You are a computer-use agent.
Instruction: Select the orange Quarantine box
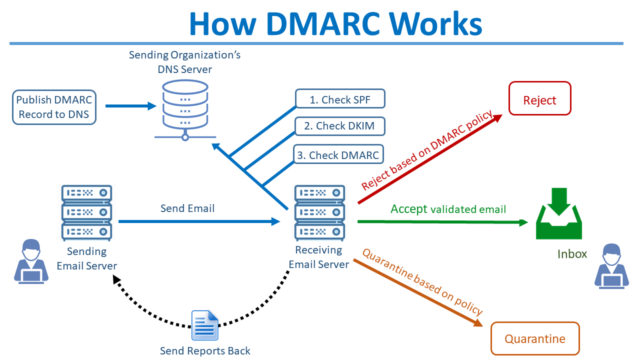point(535,338)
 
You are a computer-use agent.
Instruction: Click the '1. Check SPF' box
point(340,99)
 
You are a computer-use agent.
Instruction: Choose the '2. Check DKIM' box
point(340,126)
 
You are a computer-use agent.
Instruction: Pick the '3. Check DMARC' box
point(338,154)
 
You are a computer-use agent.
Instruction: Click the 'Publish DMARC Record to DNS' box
point(54,107)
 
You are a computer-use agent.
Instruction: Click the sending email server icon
point(86,212)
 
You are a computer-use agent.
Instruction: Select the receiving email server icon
point(319,212)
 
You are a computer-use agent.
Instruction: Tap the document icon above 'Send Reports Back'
point(205,325)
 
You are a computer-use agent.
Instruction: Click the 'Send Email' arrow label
point(187,208)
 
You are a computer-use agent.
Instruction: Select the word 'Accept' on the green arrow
point(409,208)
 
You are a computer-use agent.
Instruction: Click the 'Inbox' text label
point(572,253)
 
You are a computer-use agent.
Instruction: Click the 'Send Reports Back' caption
point(205,351)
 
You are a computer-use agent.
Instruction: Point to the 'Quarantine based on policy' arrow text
point(422,282)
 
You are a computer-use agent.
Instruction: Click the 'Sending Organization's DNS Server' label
point(185,62)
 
